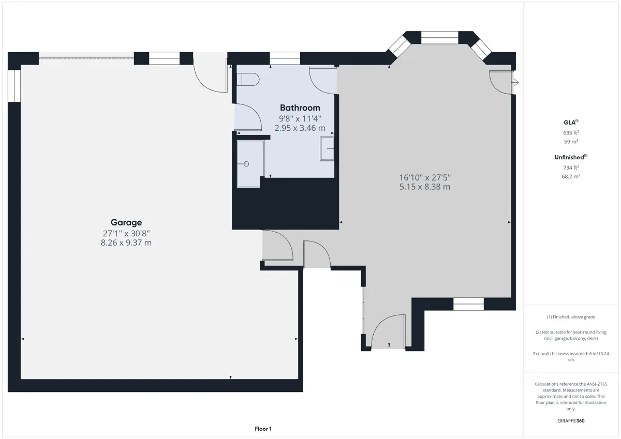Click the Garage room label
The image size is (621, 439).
[x=126, y=222]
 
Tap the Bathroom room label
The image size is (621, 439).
[x=300, y=108]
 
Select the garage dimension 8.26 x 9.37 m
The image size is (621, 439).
[x=126, y=243]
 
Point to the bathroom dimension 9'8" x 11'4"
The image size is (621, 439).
[x=300, y=118]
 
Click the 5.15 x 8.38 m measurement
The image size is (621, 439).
[x=425, y=187]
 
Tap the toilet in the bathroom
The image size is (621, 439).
[x=248, y=80]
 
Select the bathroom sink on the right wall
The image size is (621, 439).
[x=327, y=149]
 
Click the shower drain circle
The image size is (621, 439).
[x=246, y=164]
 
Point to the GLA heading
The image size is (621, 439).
[x=571, y=122]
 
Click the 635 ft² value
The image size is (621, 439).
[x=571, y=133]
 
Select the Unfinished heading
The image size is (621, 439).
[x=571, y=157]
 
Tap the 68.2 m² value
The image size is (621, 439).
[x=571, y=176]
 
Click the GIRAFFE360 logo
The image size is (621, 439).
[x=571, y=421]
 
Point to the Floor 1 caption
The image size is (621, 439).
[x=263, y=429]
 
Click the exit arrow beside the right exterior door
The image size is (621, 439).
[x=515, y=82]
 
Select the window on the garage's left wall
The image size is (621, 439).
[x=14, y=86]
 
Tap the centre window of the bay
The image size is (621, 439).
[x=440, y=37]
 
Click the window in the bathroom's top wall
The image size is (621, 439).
[x=285, y=58]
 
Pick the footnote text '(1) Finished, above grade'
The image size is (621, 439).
[x=571, y=317]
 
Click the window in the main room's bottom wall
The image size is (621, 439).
[x=468, y=304]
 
